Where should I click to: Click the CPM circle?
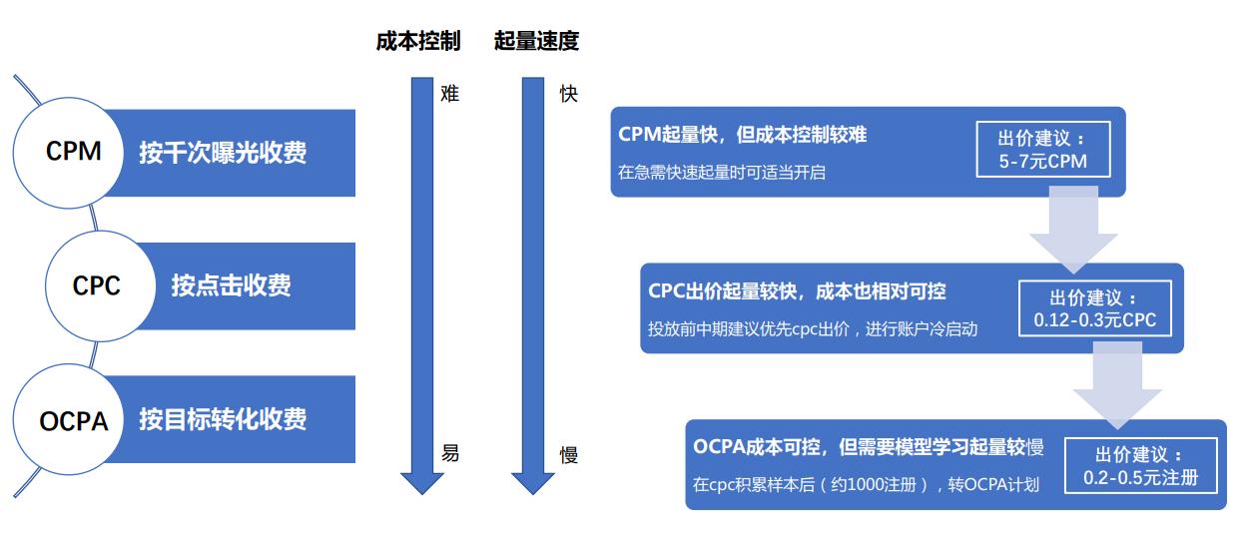click(68, 153)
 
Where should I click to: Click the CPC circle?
click(101, 285)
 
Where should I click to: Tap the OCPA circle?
click(68, 419)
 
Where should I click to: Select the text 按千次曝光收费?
click(222, 153)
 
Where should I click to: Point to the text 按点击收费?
click(231, 285)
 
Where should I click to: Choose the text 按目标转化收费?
click(222, 419)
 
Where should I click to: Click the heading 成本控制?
click(418, 41)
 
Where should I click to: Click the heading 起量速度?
click(536, 41)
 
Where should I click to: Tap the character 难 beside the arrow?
click(450, 93)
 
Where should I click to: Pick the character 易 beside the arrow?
click(450, 453)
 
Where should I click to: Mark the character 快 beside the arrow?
click(569, 94)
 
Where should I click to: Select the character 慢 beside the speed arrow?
click(569, 455)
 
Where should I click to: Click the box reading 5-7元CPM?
click(1043, 150)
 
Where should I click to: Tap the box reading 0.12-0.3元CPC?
click(1095, 308)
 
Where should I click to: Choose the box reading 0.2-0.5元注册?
click(1141, 465)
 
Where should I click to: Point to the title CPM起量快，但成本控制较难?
click(743, 135)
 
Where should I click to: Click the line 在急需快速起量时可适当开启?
click(722, 172)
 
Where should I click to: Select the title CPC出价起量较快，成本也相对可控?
click(797, 291)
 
